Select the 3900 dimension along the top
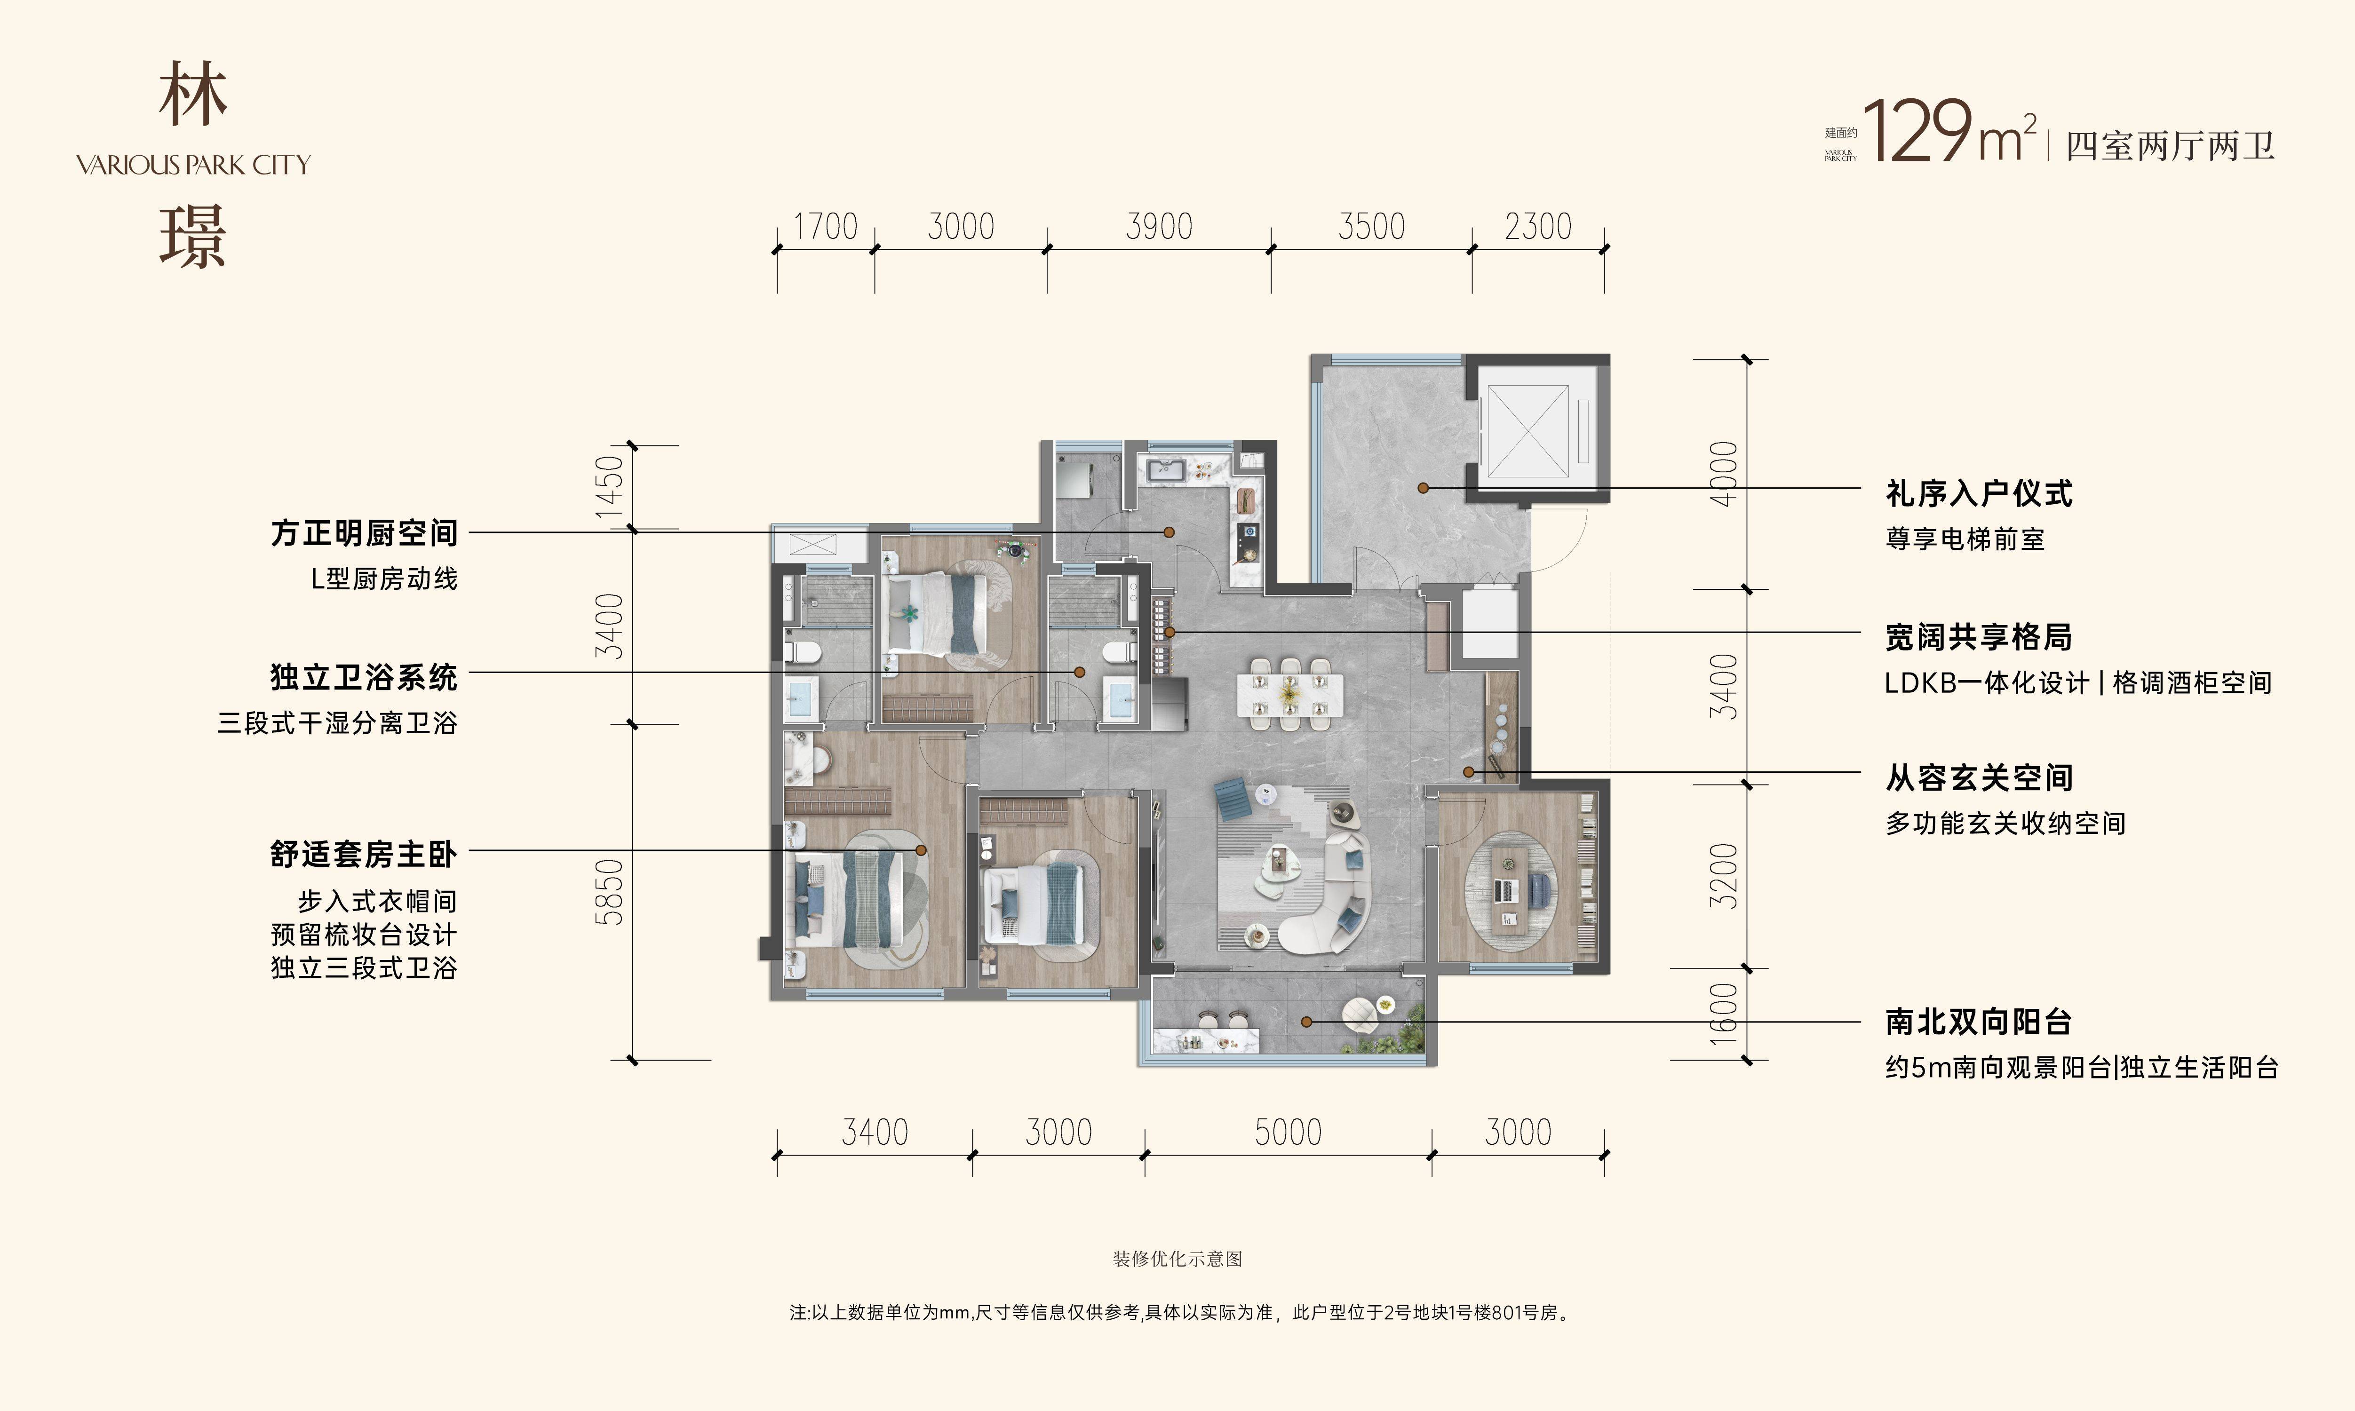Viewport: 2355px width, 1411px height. click(x=1159, y=227)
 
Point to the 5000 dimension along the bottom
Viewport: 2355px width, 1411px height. click(x=1288, y=1133)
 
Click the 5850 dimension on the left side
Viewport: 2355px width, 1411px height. click(x=609, y=892)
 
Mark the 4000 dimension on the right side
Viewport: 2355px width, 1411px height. click(x=1724, y=474)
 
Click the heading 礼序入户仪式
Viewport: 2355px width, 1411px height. click(x=1979, y=493)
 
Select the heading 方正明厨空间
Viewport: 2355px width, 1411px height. click(x=364, y=533)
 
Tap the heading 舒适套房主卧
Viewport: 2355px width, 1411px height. click(x=364, y=855)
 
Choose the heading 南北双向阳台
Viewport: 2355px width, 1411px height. click(x=1979, y=1022)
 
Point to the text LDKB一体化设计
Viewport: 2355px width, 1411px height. click(x=1987, y=682)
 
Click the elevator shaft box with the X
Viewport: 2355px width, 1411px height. click(x=1528, y=431)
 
